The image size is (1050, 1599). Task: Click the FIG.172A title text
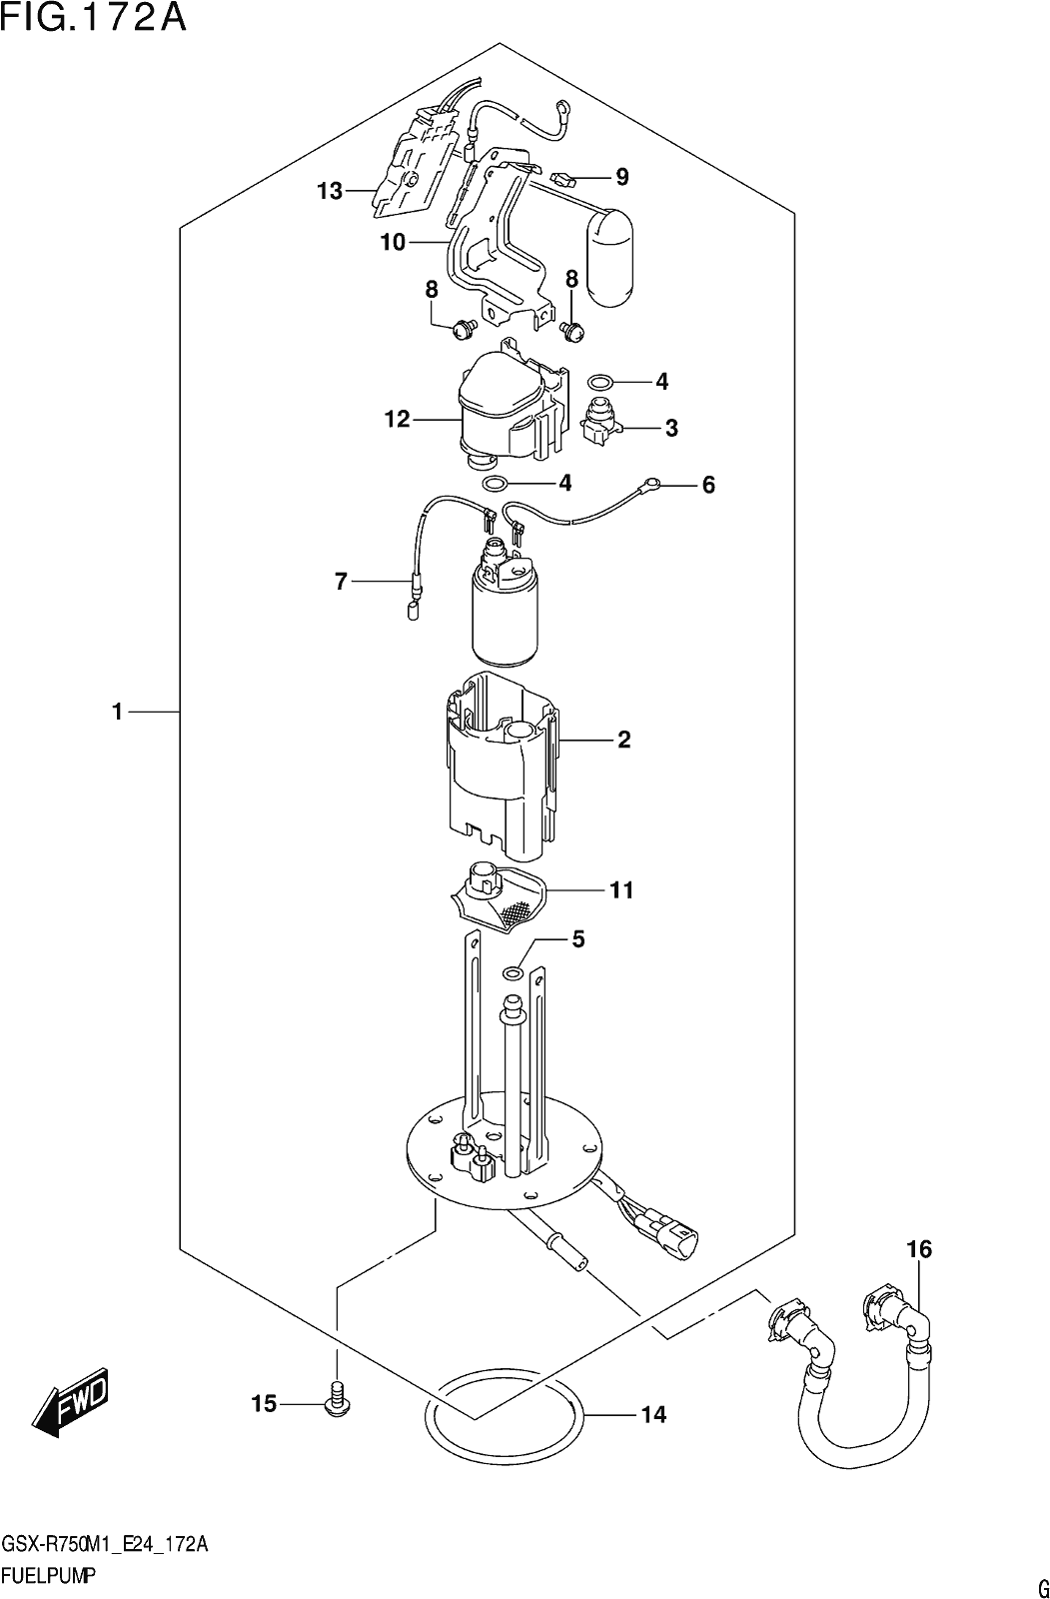[x=94, y=18]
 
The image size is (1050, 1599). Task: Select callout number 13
[x=331, y=191]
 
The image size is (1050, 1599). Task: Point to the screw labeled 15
[x=338, y=1401]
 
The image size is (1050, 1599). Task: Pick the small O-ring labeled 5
[x=512, y=972]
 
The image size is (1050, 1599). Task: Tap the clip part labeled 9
[x=563, y=178]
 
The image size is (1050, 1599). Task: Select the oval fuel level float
[x=609, y=259]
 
